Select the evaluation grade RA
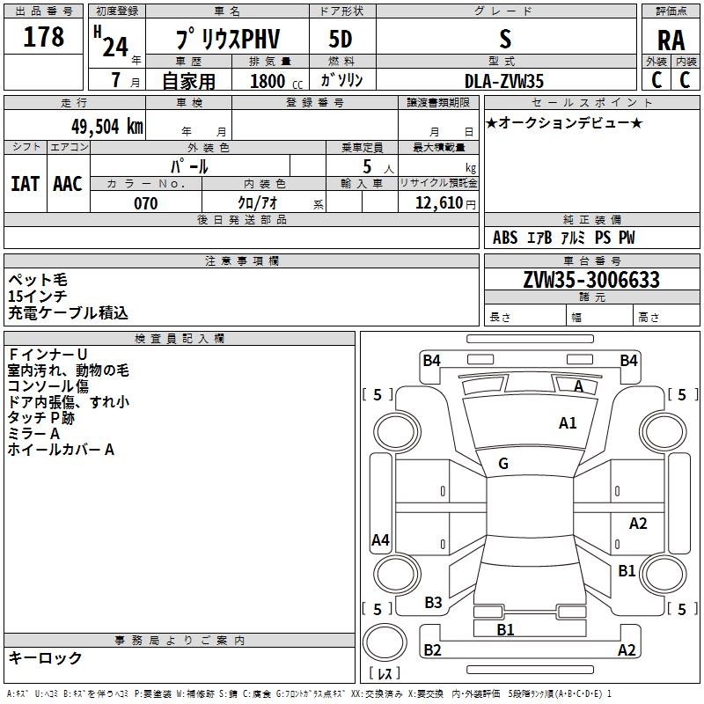click(671, 40)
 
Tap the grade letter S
click(504, 39)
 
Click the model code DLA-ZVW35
click(504, 81)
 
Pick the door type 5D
click(341, 40)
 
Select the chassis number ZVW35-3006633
click(590, 280)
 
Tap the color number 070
click(145, 203)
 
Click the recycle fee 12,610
click(437, 203)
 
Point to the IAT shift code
click(25, 183)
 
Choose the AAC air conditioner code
click(67, 183)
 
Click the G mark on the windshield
click(503, 464)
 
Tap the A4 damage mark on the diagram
click(380, 540)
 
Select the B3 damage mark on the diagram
click(433, 603)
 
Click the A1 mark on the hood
click(568, 423)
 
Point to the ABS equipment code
click(505, 238)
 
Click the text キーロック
click(45, 657)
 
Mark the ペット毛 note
click(37, 280)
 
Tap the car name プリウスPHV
click(225, 40)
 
